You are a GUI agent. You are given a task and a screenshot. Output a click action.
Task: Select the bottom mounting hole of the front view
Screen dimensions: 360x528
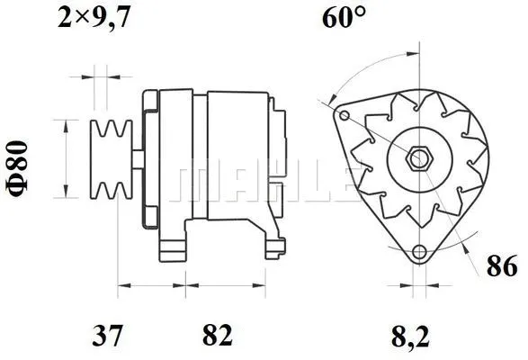(x=417, y=253)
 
